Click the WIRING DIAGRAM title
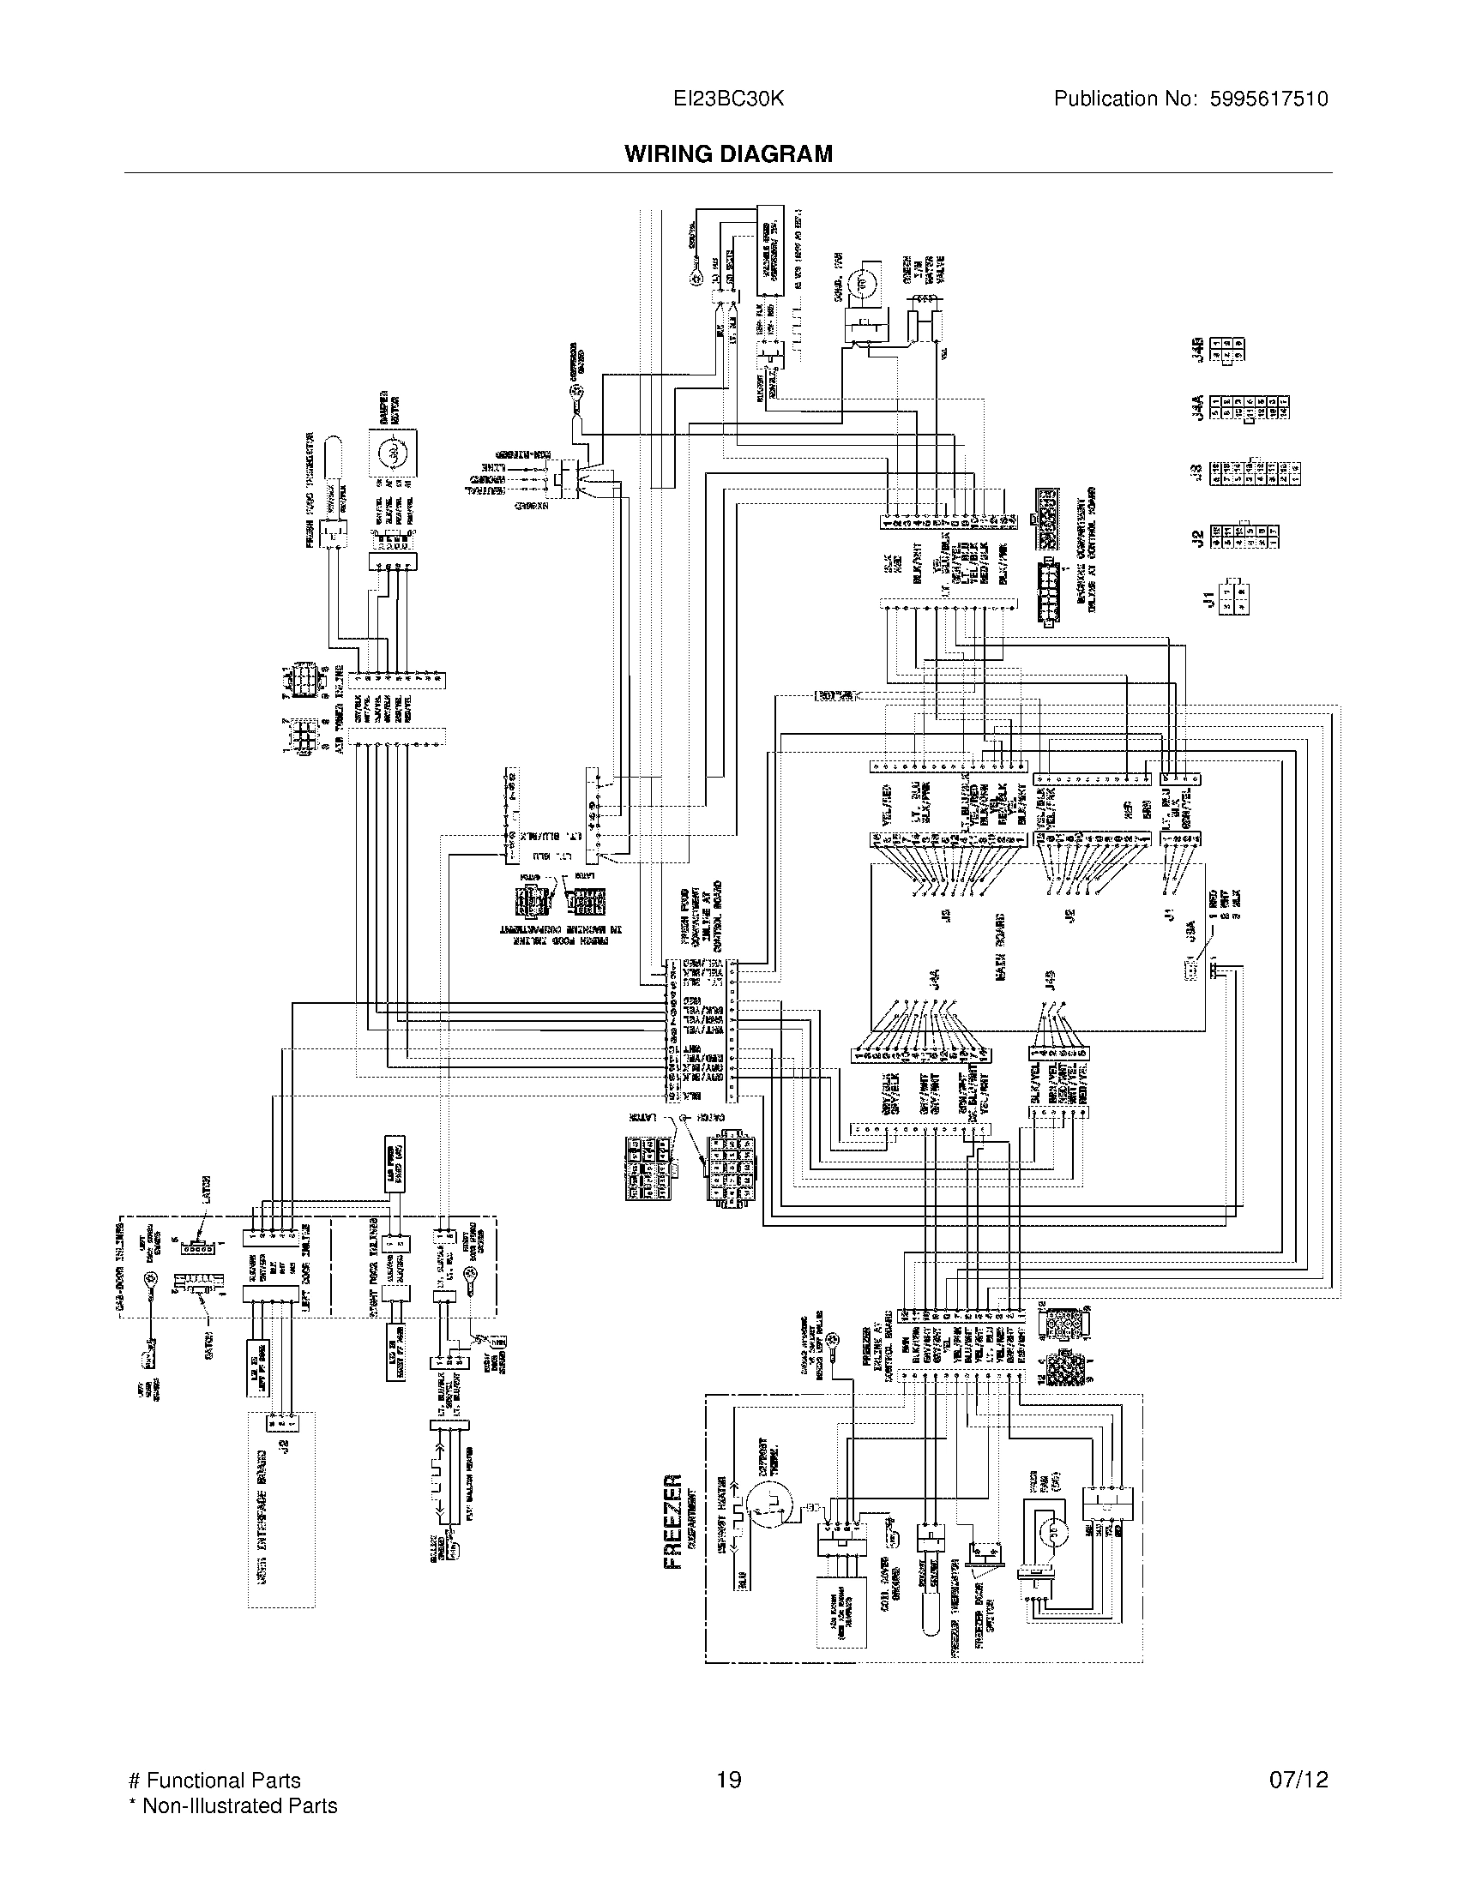(x=728, y=153)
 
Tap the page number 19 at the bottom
(x=728, y=1779)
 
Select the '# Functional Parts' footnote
(x=214, y=1780)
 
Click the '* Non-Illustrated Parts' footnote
(x=232, y=1805)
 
